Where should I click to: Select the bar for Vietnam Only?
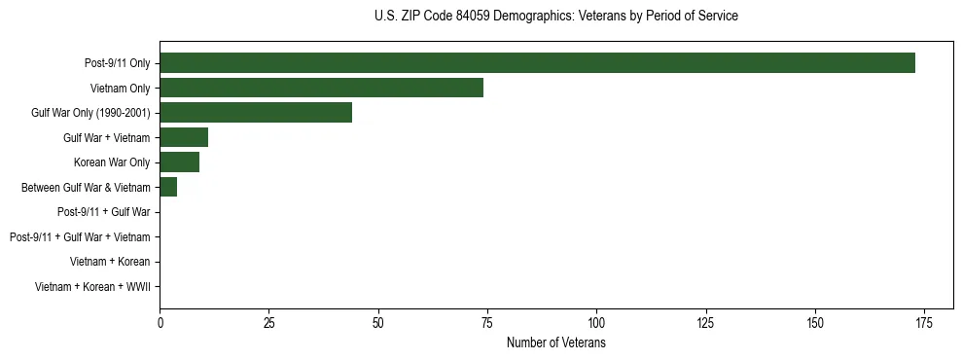coord(321,88)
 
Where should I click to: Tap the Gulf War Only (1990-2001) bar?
coord(256,113)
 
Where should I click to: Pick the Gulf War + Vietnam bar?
coord(184,137)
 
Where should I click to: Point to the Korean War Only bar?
coord(179,162)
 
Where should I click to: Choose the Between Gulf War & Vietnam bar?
coord(168,187)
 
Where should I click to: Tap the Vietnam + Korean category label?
coord(110,262)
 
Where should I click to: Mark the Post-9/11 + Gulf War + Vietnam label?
coord(80,236)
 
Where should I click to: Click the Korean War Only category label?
coord(112,162)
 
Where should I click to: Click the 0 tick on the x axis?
coord(160,323)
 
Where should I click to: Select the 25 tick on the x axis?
coord(268,323)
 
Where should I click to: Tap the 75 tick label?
coord(487,323)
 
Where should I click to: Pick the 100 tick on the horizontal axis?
coord(596,323)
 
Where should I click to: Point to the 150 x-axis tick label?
coord(815,323)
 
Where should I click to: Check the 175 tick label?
coord(924,323)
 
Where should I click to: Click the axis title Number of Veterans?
coord(556,343)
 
